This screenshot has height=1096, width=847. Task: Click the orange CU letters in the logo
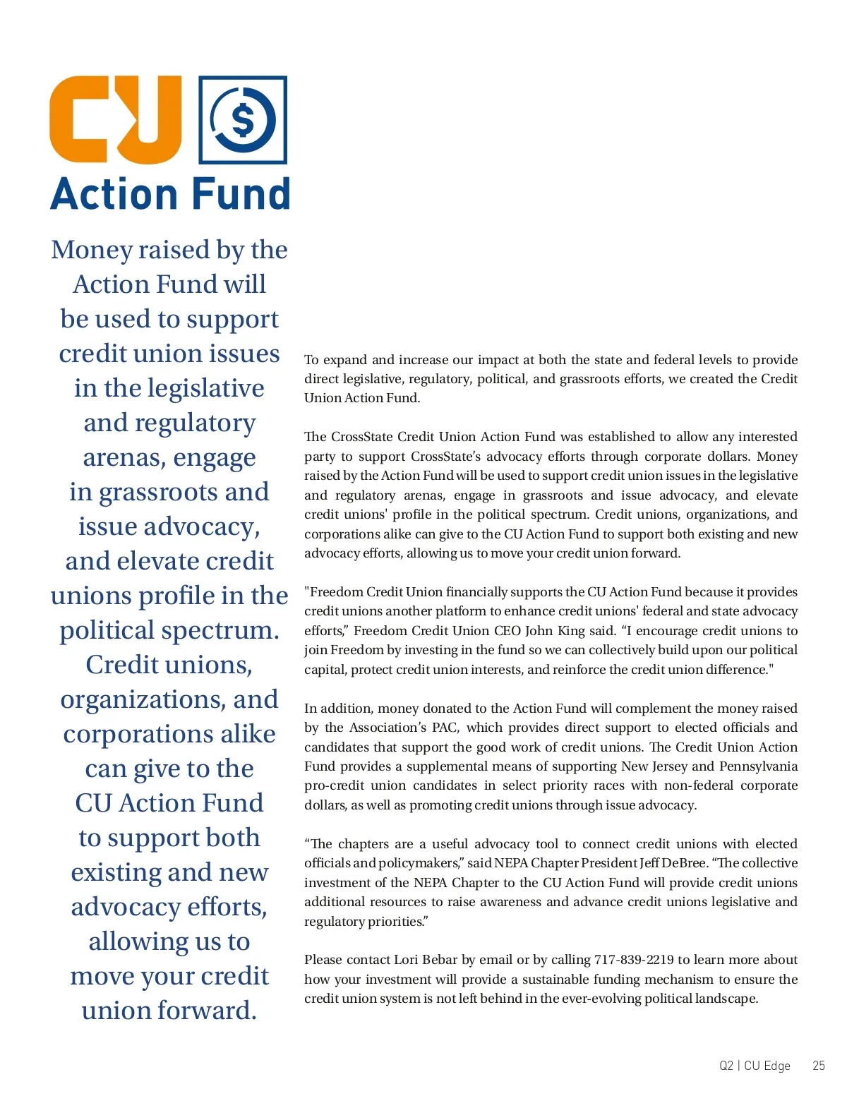(x=115, y=119)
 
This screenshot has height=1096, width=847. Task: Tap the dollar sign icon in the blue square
(x=243, y=120)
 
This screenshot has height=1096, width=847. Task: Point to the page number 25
(x=818, y=1066)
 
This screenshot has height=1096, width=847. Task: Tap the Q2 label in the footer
(x=726, y=1066)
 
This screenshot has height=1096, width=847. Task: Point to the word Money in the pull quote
(x=91, y=250)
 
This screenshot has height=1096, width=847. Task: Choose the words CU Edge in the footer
(x=767, y=1066)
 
